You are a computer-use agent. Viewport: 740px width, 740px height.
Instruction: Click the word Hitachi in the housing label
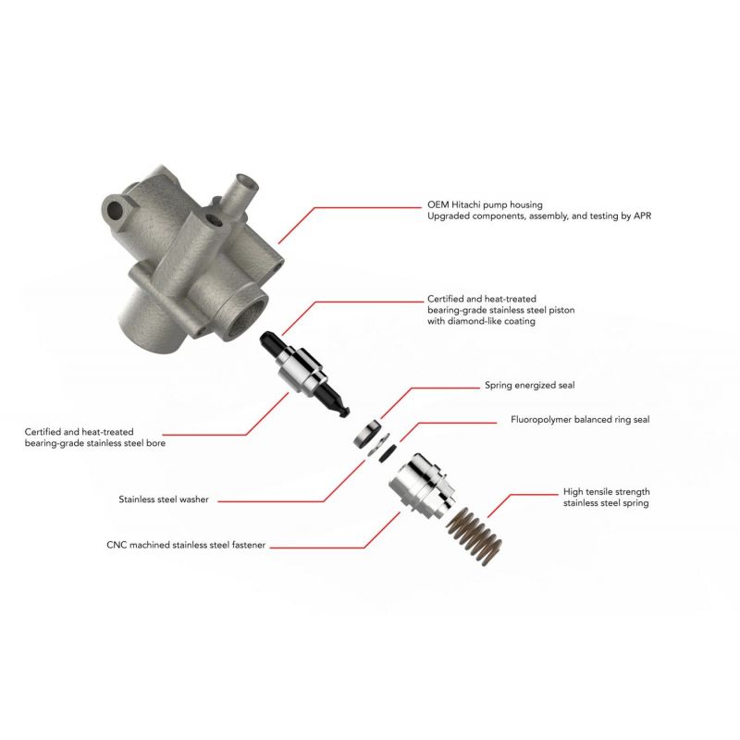pyautogui.click(x=466, y=204)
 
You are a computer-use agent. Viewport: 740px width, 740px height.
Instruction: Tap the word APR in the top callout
pyautogui.click(x=642, y=216)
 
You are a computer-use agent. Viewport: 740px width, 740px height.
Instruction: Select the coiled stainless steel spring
pyautogui.click(x=474, y=536)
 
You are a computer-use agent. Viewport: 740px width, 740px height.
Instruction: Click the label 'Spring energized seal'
pyautogui.click(x=529, y=385)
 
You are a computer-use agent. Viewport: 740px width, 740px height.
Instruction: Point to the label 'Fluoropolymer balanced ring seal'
pyautogui.click(x=580, y=420)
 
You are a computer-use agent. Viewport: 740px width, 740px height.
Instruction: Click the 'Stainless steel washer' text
pyautogui.click(x=164, y=499)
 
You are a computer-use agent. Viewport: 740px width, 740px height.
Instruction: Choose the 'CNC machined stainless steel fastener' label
pyautogui.click(x=186, y=545)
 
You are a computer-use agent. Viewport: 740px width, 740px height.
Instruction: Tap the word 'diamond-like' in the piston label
pyautogui.click(x=475, y=321)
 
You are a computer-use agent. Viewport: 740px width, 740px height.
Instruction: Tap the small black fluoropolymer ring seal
pyautogui.click(x=388, y=453)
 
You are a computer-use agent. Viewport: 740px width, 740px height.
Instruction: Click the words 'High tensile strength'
pyautogui.click(x=607, y=492)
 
